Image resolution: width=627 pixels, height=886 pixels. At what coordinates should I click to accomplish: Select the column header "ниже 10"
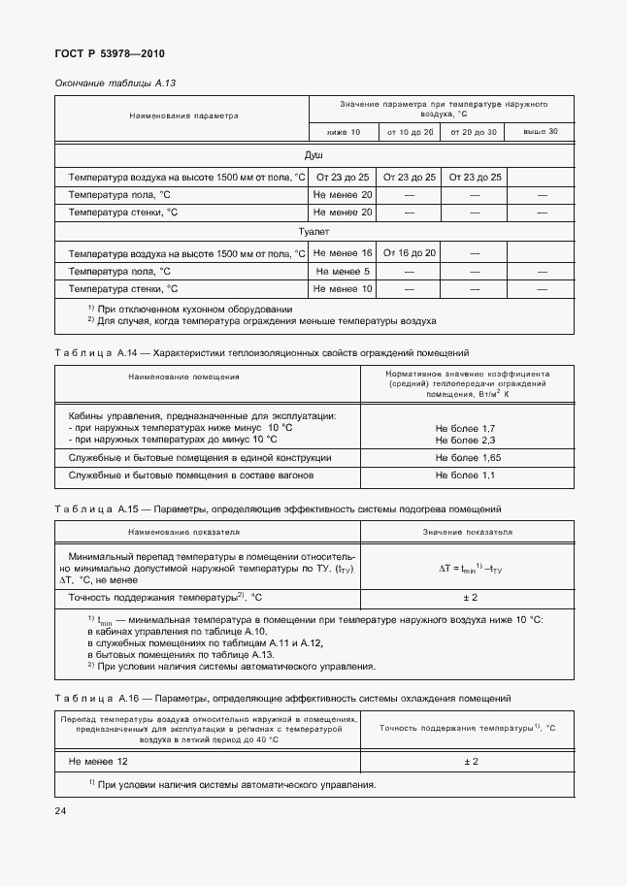point(343,131)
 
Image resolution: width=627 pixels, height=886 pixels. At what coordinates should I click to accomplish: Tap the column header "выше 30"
point(541,131)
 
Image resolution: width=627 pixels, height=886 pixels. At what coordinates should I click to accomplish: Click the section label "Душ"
point(313,155)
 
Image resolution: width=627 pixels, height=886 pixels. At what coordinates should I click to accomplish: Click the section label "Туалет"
point(313,232)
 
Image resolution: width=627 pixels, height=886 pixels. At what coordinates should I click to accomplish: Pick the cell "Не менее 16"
point(343,252)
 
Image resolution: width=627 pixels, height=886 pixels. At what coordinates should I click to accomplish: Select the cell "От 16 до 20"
point(409,252)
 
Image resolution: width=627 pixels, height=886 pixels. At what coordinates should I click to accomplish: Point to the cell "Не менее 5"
point(343,271)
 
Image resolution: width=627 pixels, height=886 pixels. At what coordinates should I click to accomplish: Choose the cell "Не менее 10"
point(343,289)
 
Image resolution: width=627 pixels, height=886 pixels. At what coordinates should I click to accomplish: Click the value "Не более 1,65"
point(466,457)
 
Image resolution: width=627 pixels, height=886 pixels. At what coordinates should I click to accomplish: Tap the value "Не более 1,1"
point(466,476)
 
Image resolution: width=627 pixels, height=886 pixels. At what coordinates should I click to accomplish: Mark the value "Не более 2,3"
point(466,440)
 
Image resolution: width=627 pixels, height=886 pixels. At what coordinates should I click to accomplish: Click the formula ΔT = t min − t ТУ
point(467,570)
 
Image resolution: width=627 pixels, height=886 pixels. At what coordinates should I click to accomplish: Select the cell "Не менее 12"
point(95,762)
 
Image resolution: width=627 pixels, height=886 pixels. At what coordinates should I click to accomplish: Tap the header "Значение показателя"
point(467,533)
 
